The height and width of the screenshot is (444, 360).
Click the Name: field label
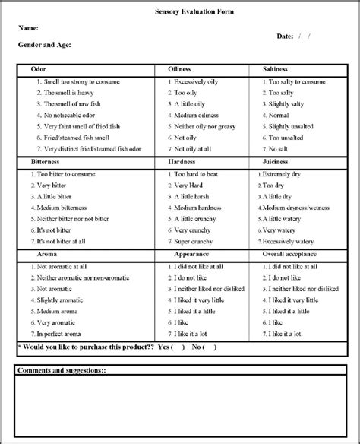[x=28, y=27]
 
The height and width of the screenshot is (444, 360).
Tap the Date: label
[x=285, y=36]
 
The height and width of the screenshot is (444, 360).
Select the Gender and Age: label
[x=45, y=46]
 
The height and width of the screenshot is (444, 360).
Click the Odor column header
[x=38, y=68]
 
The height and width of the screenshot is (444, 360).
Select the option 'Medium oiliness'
[x=200, y=115]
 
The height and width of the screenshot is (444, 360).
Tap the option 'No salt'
[x=280, y=150]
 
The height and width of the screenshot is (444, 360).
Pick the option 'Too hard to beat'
[x=200, y=173]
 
